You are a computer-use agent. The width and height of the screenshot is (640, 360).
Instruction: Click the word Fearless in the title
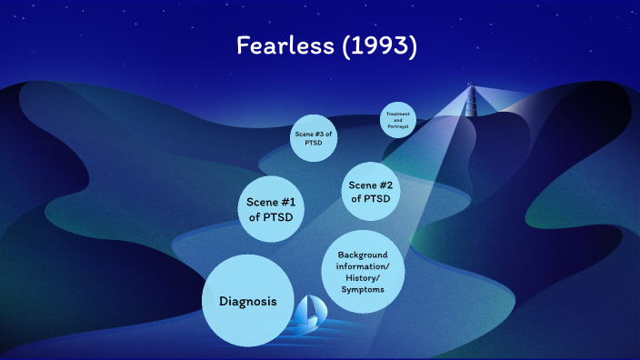pos(283,46)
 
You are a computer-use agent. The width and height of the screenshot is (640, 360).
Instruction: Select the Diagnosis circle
pos(247,301)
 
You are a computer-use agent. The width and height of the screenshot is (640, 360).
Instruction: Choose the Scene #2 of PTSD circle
pos(370,192)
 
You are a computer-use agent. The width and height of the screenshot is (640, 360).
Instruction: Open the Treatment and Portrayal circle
pos(398,120)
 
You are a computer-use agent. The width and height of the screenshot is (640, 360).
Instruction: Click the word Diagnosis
pos(247,302)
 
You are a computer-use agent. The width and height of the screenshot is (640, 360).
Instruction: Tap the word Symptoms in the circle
pos(363,289)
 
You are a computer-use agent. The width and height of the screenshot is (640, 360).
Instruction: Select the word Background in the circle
pos(363,255)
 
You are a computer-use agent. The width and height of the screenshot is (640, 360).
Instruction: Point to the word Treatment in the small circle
pos(398,114)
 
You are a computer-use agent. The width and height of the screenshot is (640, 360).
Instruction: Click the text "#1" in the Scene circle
pos(290,201)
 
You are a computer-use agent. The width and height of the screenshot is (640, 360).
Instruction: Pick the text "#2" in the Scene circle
pos(389,185)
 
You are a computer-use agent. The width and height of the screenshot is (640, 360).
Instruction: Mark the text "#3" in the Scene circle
pos(324,135)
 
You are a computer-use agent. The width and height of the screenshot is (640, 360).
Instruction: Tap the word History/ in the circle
pos(363,278)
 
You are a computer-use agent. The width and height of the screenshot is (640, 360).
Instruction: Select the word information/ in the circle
pos(363,267)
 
